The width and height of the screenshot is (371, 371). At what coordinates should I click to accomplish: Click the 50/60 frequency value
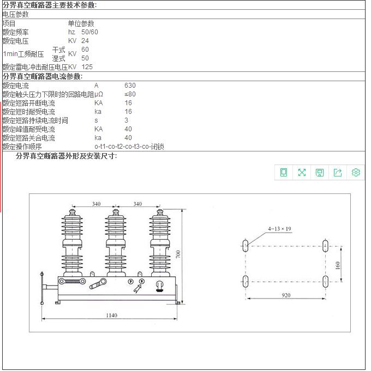click(89, 32)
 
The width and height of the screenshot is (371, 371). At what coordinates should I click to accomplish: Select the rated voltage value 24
click(85, 41)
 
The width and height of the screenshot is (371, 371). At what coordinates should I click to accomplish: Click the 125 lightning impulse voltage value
click(87, 67)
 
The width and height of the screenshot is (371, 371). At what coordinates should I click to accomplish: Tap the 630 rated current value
click(130, 86)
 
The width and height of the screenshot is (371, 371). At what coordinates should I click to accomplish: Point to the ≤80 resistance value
click(130, 94)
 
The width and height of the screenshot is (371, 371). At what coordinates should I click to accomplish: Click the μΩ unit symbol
click(99, 94)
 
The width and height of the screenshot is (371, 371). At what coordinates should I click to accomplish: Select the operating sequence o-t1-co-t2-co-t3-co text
click(129, 147)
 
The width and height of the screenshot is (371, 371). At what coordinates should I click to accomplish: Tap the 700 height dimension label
click(178, 254)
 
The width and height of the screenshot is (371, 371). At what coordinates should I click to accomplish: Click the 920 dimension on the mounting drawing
click(286, 295)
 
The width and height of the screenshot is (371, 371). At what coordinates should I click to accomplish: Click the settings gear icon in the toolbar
click(356, 173)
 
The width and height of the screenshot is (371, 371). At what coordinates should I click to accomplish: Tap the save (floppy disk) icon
click(320, 173)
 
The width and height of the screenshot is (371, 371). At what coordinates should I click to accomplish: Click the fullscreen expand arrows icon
click(302, 173)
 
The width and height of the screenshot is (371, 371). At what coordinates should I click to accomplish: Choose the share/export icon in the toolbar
click(338, 173)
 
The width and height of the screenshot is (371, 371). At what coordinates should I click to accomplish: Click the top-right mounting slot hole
click(325, 246)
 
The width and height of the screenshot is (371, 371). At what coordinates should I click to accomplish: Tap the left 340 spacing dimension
click(95, 204)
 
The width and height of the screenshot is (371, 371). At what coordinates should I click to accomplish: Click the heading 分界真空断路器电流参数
click(43, 76)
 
